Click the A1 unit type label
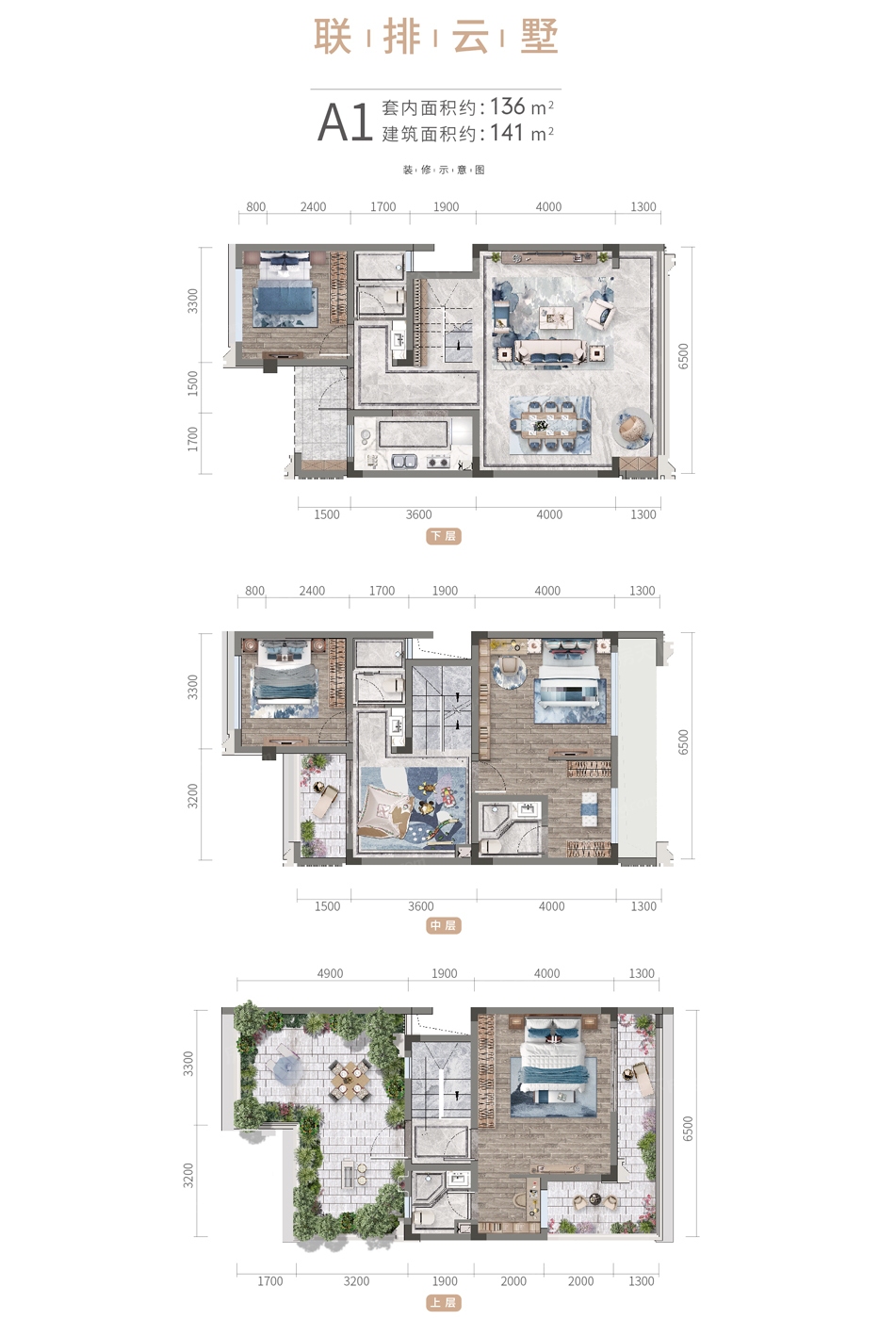tap(345, 122)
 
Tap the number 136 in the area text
tap(507, 106)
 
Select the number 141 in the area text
tap(506, 133)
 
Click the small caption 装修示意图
tap(444, 170)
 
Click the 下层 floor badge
tap(444, 536)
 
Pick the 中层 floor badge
tap(444, 925)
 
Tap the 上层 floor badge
tap(444, 1302)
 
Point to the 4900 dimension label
tap(330, 973)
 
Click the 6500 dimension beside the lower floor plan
tap(683, 356)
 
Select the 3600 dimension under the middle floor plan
tap(420, 906)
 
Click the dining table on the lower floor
tap(549, 424)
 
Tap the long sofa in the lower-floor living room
tap(550, 352)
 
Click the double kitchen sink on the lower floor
tap(404, 461)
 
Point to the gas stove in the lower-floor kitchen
tap(438, 461)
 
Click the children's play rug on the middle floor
tap(413, 808)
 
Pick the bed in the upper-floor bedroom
tap(553, 1057)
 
